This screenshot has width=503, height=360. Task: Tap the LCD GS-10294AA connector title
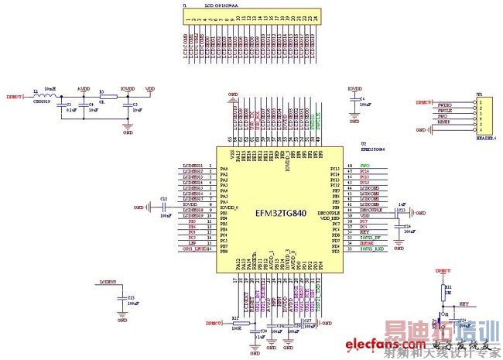tap(222, 4)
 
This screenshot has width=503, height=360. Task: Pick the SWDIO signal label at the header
tap(444, 102)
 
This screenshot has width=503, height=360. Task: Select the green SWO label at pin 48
tap(364, 166)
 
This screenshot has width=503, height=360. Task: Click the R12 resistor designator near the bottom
tap(234, 317)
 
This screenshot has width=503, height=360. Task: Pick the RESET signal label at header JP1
tap(443, 122)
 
